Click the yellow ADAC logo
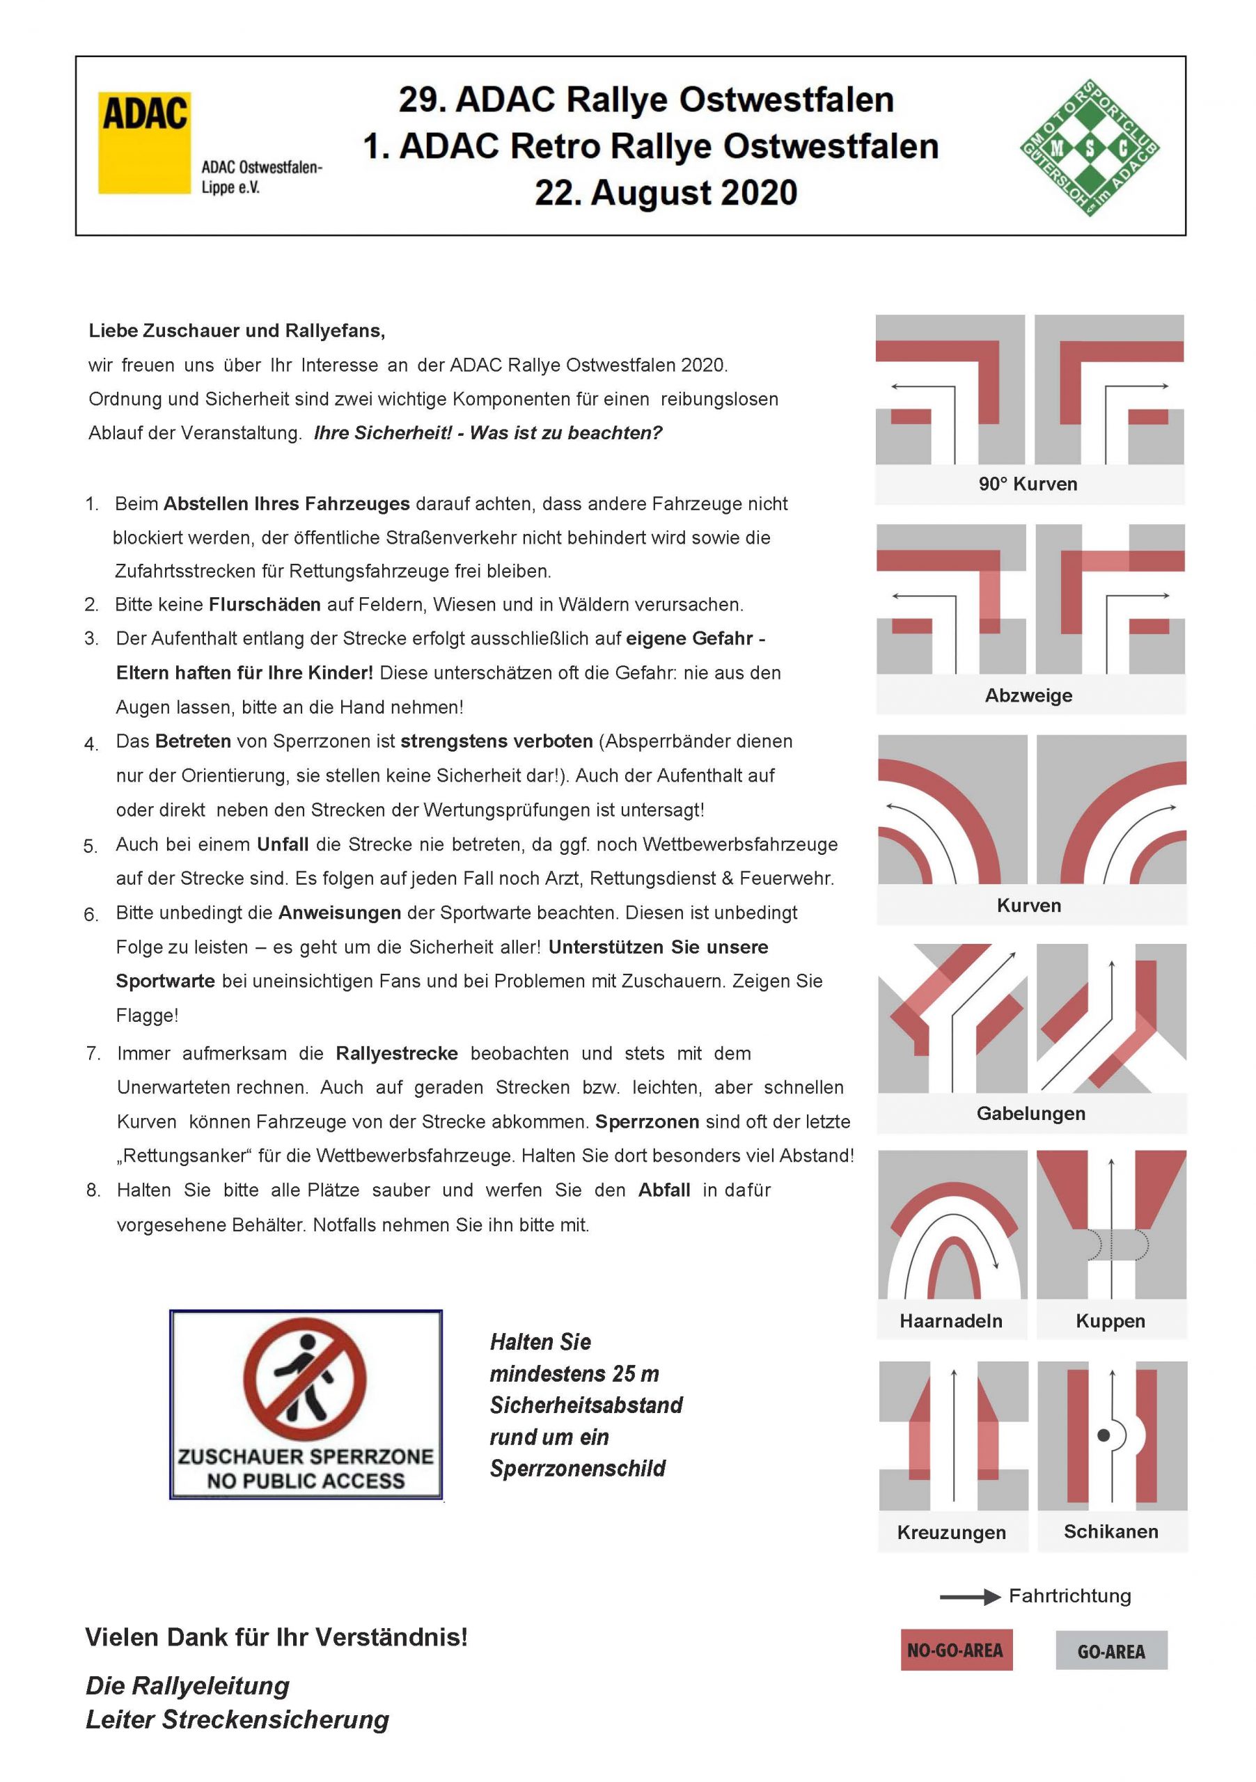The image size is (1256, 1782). tap(144, 142)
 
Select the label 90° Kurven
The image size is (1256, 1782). tap(1028, 484)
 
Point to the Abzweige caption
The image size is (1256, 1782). tap(1028, 695)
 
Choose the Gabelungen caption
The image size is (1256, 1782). tap(1031, 1114)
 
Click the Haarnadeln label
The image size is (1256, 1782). tap(951, 1321)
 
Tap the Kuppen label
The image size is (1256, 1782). tap(1110, 1321)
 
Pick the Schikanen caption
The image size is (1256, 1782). tap(1111, 1531)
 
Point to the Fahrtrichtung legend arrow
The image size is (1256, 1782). tap(971, 1598)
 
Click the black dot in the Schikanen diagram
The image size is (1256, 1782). tap(1102, 1436)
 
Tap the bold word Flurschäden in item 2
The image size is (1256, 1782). tap(265, 605)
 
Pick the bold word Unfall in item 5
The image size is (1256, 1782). tap(283, 844)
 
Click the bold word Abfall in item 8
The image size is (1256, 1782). tap(664, 1190)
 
